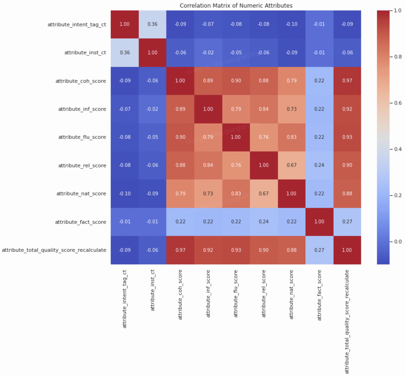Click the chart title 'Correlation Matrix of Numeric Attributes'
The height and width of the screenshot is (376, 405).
[x=236, y=6]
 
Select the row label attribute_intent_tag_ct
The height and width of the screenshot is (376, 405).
[x=77, y=24]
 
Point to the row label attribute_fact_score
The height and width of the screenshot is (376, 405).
[x=80, y=222]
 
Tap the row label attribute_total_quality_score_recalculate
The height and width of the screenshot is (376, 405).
[x=54, y=250]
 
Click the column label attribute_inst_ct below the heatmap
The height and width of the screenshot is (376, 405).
[x=153, y=290]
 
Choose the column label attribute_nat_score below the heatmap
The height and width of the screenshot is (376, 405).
[x=292, y=294]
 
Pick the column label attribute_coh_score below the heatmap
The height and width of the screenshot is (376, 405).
[x=180, y=294]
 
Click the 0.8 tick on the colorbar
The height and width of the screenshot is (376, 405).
[x=398, y=57]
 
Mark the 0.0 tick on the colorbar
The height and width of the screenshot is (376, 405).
[x=398, y=242]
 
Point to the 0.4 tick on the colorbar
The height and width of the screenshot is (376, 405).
[x=398, y=149]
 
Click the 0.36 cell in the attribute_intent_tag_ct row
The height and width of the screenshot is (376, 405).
[x=152, y=24]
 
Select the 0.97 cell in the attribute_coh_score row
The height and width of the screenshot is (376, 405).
[x=347, y=81]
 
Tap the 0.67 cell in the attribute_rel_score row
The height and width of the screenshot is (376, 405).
[x=292, y=165]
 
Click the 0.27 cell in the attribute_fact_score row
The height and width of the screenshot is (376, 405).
[x=347, y=222]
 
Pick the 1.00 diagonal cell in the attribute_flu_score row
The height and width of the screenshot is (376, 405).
[x=236, y=137]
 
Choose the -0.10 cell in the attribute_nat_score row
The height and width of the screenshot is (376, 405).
[x=125, y=194]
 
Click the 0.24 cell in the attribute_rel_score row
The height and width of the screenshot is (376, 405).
[x=319, y=165]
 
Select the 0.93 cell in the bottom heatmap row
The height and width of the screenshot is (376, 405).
[x=236, y=250]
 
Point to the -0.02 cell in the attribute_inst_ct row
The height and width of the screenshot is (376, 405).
[x=208, y=53]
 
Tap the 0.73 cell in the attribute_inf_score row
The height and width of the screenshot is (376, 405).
[x=292, y=109]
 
